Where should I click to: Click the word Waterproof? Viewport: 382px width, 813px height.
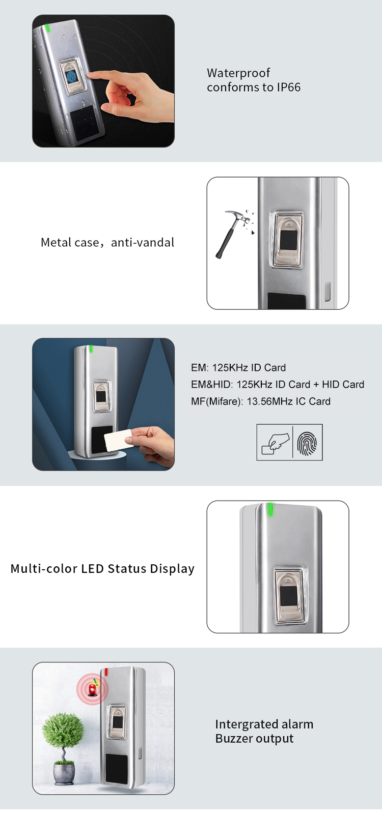point(238,73)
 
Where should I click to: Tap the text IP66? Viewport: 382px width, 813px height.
point(289,88)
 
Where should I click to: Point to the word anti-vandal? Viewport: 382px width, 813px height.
point(143,243)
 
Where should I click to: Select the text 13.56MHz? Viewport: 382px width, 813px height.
point(269,401)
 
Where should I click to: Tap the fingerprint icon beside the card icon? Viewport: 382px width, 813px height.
point(307,443)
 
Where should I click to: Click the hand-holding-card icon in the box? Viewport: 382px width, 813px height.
point(275,443)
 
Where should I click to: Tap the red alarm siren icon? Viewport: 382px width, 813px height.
point(93,689)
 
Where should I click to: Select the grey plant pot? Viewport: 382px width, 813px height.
point(64,773)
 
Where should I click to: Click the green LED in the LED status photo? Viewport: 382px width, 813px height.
point(270,509)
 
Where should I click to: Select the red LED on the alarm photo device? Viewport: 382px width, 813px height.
point(106,672)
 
